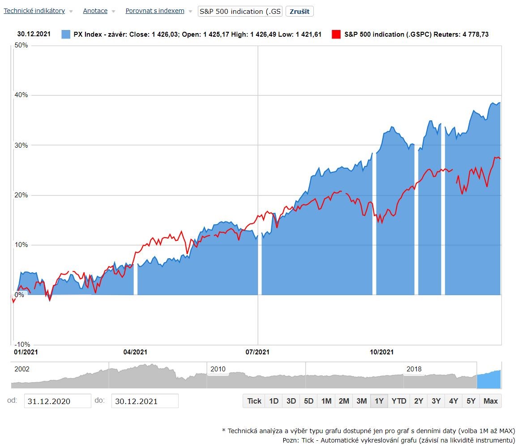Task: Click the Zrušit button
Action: (x=299, y=11)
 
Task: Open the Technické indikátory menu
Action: (x=34, y=11)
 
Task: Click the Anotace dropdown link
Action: (x=95, y=11)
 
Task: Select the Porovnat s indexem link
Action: (x=154, y=11)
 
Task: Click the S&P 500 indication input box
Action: (x=240, y=11)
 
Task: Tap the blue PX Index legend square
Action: (x=66, y=34)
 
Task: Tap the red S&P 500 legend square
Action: (x=336, y=34)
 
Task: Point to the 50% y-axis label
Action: (x=21, y=45)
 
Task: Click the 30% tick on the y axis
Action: (x=21, y=145)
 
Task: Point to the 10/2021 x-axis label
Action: (x=381, y=352)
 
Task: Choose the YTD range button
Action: (x=399, y=401)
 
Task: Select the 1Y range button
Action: (x=379, y=401)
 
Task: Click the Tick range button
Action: (x=254, y=401)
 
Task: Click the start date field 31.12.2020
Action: (x=57, y=401)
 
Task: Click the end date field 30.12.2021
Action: (x=145, y=401)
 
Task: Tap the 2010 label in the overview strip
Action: (x=218, y=369)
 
